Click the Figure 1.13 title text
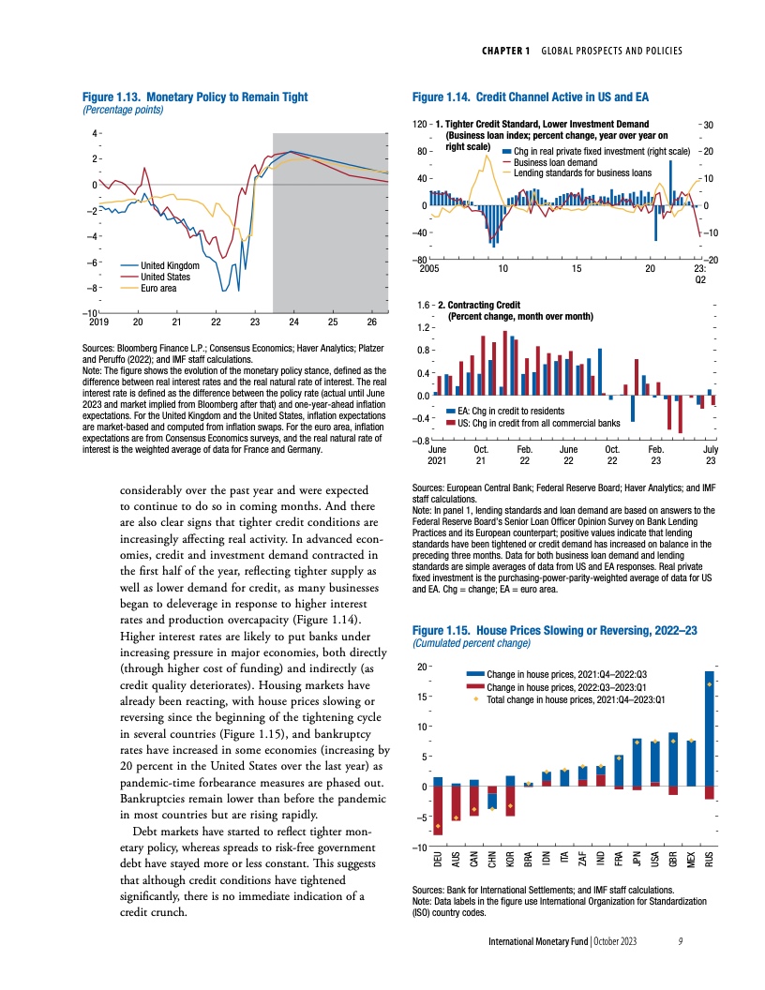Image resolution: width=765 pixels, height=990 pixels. [195, 97]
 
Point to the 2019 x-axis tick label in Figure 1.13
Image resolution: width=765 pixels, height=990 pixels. [97, 322]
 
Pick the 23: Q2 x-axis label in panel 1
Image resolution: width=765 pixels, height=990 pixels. [699, 274]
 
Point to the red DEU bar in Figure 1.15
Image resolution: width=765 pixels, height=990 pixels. [438, 810]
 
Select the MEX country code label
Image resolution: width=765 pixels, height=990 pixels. [692, 862]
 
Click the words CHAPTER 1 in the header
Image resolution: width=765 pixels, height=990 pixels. [508, 50]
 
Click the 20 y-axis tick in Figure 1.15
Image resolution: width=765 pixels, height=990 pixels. [422, 667]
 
